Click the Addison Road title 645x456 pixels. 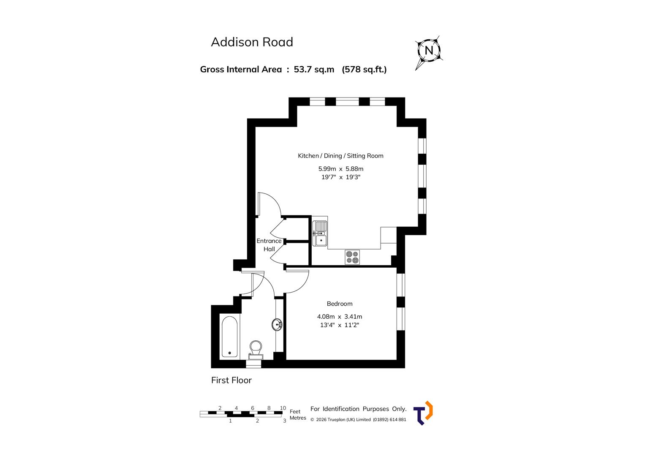tap(252, 42)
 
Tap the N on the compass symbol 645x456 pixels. tap(429, 51)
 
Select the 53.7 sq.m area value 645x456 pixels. tap(314, 69)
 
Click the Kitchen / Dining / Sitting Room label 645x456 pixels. tap(340, 156)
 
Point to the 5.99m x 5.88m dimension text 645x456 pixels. tap(340, 169)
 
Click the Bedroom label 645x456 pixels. tap(339, 304)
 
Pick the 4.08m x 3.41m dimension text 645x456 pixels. tap(339, 317)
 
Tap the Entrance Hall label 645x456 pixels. tap(269, 245)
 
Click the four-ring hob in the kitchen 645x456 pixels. tap(352, 257)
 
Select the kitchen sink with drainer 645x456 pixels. tap(320, 233)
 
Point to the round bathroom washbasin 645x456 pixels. tap(278, 325)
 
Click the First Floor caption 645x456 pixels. tap(231, 380)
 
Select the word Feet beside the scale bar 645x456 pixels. tap(295, 411)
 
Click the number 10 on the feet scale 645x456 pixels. tap(283, 408)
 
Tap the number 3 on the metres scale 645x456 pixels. tap(284, 421)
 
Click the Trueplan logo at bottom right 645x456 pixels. tap(423, 413)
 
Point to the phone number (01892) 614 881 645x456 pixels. tap(389, 420)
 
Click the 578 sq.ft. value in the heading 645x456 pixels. tap(364, 69)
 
